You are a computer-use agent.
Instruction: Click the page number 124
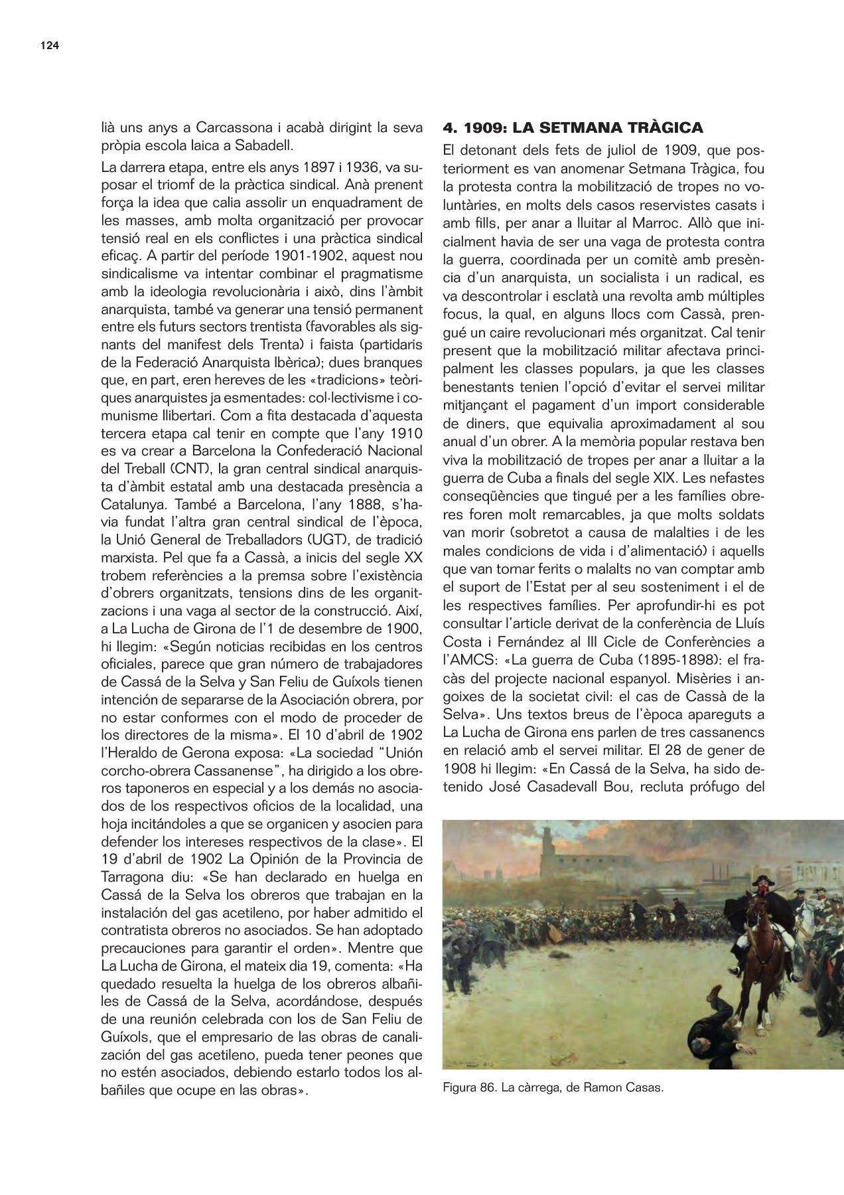(50, 46)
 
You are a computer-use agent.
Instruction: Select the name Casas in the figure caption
(644, 1087)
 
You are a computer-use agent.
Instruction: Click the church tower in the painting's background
(548, 843)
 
